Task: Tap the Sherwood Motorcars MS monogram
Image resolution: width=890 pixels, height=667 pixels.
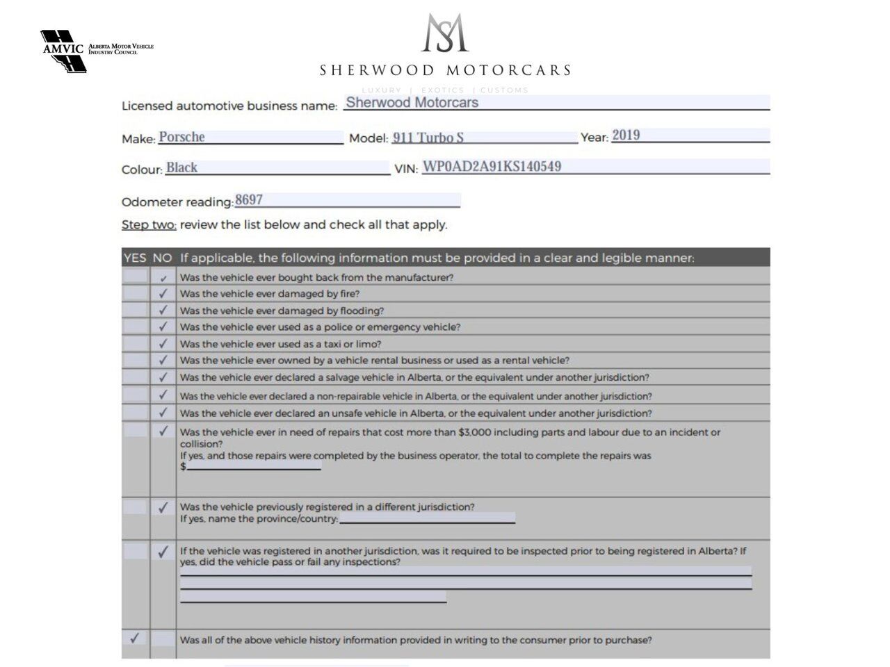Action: [x=445, y=33]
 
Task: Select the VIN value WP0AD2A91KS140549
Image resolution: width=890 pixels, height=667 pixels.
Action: [x=492, y=167]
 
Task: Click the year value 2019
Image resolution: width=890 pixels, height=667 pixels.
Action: [x=626, y=135]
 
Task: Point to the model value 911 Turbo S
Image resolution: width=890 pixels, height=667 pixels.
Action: [x=428, y=138]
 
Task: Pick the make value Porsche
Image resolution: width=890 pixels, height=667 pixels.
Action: [x=181, y=137]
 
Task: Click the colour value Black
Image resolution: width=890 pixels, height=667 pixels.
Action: [x=181, y=167]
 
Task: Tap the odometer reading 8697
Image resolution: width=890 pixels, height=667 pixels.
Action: [x=249, y=200]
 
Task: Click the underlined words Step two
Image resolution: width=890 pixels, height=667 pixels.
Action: [x=149, y=224]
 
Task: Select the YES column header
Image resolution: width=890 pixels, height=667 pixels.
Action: [x=135, y=258]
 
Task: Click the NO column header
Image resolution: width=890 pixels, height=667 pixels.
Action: [x=162, y=258]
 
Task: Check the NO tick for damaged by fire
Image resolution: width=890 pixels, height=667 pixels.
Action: [x=163, y=293]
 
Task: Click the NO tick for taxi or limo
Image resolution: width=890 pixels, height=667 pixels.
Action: [x=163, y=343]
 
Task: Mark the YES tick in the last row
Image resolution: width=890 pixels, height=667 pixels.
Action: [x=134, y=638]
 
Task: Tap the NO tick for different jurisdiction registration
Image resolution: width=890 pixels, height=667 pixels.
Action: [x=163, y=507]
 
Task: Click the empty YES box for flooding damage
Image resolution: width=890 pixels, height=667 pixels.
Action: [x=135, y=310]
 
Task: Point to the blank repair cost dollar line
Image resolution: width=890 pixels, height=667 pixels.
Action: [x=254, y=466]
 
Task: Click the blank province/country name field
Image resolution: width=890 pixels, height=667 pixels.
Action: [x=427, y=518]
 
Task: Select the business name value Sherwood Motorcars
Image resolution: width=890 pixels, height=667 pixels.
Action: [x=412, y=103]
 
